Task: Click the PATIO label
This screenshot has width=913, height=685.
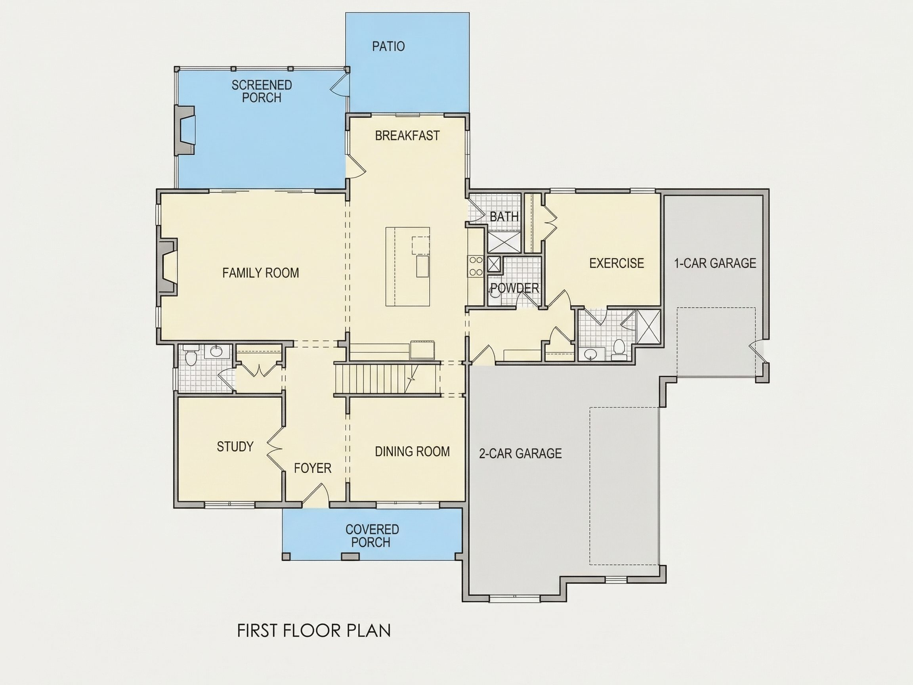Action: [388, 46]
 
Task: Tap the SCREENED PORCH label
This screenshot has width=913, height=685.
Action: [262, 91]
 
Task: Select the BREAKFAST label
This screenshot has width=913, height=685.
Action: [407, 136]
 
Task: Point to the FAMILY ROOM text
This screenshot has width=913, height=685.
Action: [260, 273]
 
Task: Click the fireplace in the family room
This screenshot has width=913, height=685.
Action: [167, 267]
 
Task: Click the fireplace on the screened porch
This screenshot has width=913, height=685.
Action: [185, 130]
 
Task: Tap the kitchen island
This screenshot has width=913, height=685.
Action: [408, 266]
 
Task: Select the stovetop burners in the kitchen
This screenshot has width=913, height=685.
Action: [476, 266]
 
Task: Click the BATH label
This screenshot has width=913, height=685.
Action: [504, 216]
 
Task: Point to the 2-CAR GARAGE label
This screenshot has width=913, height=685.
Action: [520, 453]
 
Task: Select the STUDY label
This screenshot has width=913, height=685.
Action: [235, 446]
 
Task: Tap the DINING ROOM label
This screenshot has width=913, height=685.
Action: [413, 451]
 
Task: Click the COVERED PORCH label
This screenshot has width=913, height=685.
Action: [372, 536]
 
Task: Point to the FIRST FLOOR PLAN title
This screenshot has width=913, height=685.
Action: [314, 631]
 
